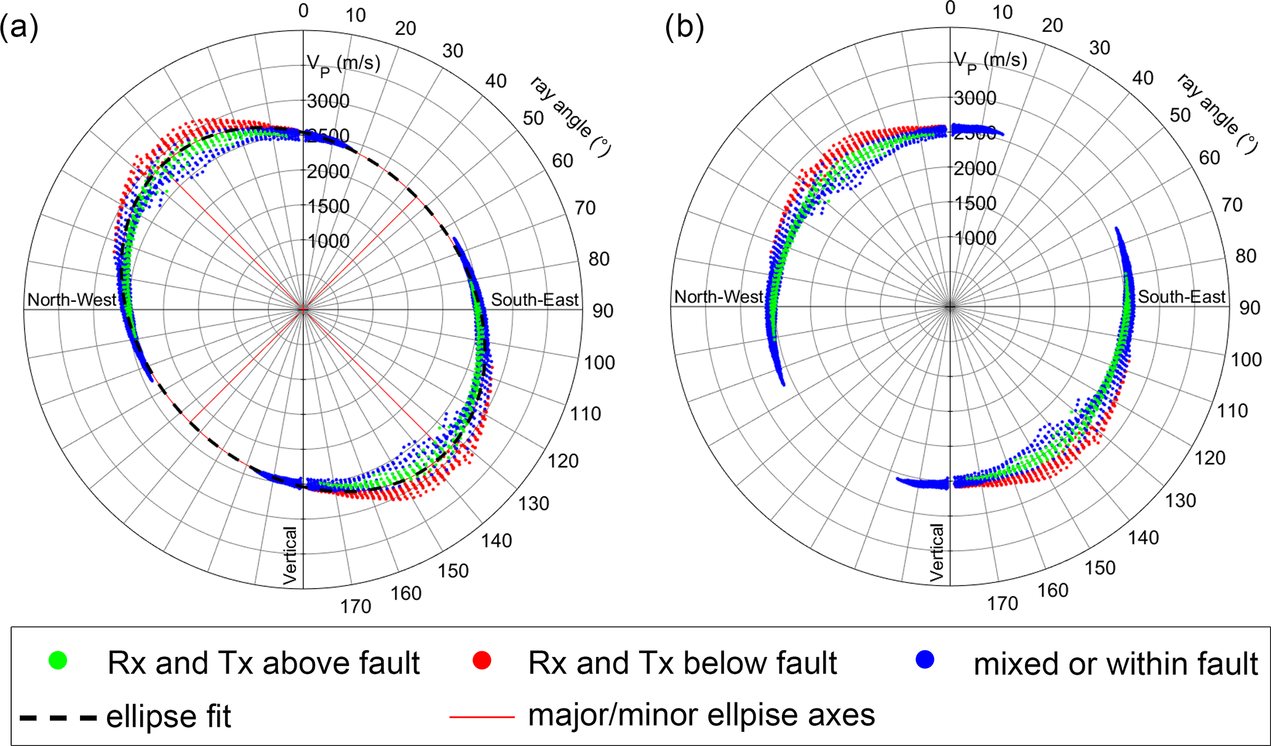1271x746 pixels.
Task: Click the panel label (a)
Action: tap(18, 28)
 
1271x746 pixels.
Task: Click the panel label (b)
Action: tap(684, 28)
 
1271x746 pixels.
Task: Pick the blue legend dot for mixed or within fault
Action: tap(925, 660)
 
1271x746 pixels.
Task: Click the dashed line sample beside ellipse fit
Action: tap(58, 717)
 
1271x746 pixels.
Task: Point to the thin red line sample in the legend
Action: tap(482, 716)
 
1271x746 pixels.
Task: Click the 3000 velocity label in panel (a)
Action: tap(328, 101)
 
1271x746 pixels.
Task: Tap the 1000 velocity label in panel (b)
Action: tap(975, 238)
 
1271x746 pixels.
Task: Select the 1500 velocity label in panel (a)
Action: tap(329, 206)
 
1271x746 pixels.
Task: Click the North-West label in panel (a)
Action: tap(72, 300)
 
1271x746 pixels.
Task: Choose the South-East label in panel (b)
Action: tap(1181, 297)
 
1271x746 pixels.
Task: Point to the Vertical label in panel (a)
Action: tap(290, 555)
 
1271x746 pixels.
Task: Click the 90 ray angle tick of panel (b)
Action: tap(1249, 308)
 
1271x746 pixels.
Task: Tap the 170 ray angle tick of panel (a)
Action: tap(356, 606)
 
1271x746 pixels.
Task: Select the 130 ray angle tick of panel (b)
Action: tap(1180, 501)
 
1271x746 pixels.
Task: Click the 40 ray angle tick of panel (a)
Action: tap(496, 81)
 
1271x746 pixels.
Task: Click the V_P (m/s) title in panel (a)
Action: tap(343, 63)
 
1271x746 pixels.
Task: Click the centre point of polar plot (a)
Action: tap(303, 310)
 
